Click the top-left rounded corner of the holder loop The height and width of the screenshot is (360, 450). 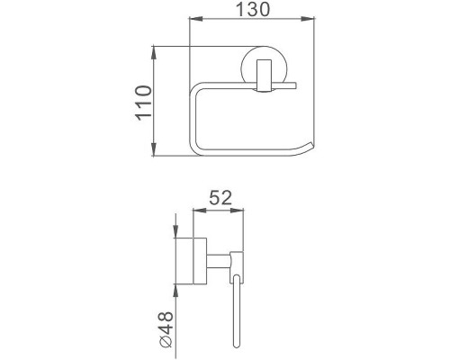point(200,89)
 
